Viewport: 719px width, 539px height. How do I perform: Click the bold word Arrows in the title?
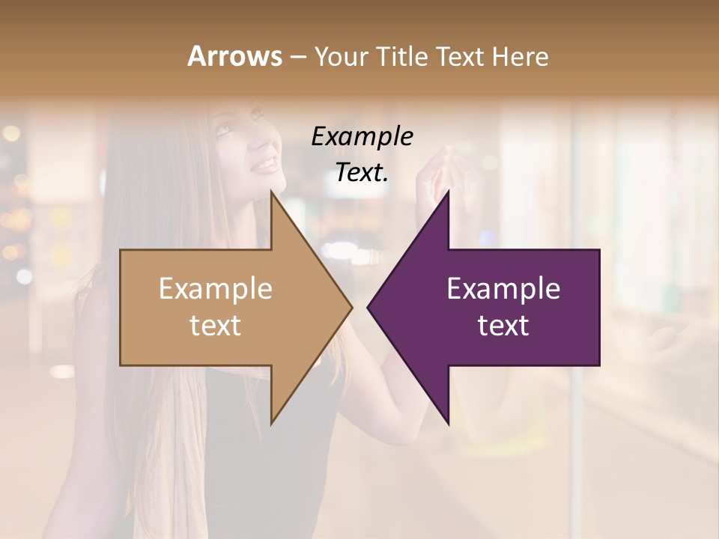234,56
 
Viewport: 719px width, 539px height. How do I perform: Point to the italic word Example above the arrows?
362,136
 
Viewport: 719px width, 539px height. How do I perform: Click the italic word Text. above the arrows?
362,173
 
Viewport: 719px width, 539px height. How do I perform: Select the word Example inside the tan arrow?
216,289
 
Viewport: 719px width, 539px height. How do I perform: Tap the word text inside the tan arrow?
216,326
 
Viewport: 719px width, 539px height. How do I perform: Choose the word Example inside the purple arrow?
503,289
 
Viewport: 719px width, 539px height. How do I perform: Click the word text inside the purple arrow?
503,326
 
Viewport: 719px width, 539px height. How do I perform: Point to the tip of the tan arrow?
351,307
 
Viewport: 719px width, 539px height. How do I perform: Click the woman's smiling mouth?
264,163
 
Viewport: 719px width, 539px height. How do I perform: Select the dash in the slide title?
297,58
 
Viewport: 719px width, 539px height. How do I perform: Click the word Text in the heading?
464,56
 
